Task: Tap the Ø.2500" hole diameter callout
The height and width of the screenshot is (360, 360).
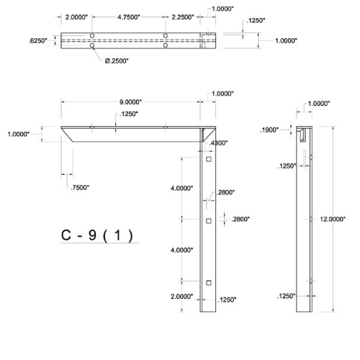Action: (117, 60)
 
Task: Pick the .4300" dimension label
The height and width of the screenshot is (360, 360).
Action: (217, 143)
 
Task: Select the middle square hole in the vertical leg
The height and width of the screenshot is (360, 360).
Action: (207, 220)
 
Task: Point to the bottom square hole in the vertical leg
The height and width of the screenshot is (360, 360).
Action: (207, 282)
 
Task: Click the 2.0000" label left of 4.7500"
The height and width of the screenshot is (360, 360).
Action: (76, 17)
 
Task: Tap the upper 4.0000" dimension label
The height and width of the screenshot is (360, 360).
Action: (181, 188)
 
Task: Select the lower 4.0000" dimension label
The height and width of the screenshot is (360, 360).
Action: (181, 250)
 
